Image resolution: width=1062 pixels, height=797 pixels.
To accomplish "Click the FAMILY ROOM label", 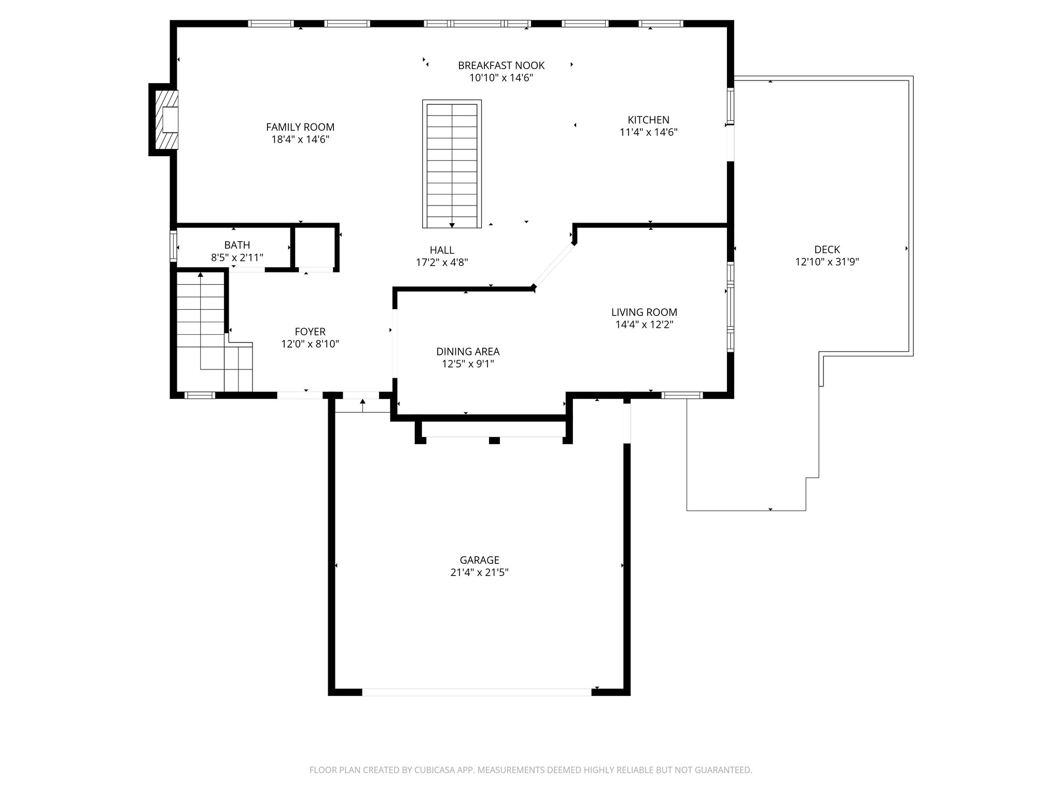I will pyautogui.click(x=300, y=127).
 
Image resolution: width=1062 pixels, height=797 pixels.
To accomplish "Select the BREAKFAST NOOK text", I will pyautogui.click(x=501, y=65).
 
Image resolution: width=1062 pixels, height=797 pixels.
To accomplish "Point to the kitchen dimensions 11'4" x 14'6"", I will pyautogui.click(x=648, y=132).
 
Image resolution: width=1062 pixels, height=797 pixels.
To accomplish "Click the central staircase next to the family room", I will pyautogui.click(x=452, y=163).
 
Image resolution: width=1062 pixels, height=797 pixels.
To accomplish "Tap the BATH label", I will pyautogui.click(x=237, y=245).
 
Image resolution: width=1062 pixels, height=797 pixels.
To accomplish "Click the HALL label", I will pyautogui.click(x=442, y=250).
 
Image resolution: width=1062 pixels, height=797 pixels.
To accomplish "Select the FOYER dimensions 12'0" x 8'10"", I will pyautogui.click(x=310, y=344).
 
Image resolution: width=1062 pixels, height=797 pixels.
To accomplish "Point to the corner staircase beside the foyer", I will pyautogui.click(x=207, y=332).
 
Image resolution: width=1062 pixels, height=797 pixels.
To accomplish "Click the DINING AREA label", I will pyautogui.click(x=468, y=352).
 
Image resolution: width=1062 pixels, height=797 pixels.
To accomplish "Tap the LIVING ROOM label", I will pyautogui.click(x=644, y=312).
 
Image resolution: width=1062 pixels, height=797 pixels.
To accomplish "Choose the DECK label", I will pyautogui.click(x=827, y=250).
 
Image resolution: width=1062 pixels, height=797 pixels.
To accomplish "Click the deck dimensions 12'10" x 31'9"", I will pyautogui.click(x=827, y=262).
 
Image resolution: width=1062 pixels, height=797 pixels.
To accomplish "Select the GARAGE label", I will pyautogui.click(x=479, y=560).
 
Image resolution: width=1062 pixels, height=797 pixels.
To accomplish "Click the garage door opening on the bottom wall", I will pyautogui.click(x=476, y=692).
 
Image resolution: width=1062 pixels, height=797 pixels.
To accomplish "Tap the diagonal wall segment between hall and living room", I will pyautogui.click(x=553, y=265).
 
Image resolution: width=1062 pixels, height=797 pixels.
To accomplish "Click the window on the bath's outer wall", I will pyautogui.click(x=173, y=246).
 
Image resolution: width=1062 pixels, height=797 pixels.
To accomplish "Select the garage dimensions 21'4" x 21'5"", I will pyautogui.click(x=479, y=573).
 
